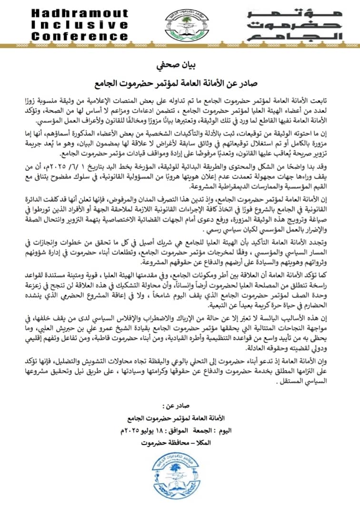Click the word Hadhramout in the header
point(80,13)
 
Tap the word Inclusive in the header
point(80,24)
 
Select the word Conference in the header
point(80,36)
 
